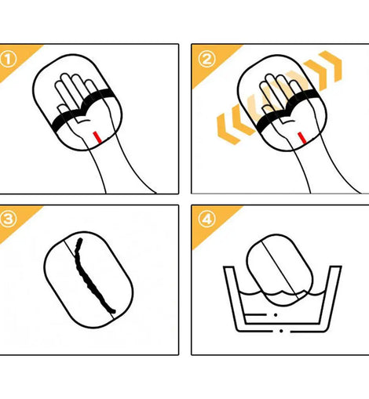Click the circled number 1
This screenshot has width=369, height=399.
click(x=7, y=60)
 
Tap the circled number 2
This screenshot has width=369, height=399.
click(x=207, y=59)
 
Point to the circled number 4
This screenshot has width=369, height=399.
click(x=207, y=219)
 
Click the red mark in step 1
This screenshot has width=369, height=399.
click(x=97, y=137)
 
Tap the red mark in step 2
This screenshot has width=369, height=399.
click(x=302, y=138)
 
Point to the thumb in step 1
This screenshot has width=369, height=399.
click(x=64, y=111)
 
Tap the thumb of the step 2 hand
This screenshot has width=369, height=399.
click(x=268, y=111)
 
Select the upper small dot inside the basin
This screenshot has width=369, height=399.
click(x=276, y=315)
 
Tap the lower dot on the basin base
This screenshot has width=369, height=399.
click(x=281, y=331)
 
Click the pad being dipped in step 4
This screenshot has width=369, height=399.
click(x=279, y=269)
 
